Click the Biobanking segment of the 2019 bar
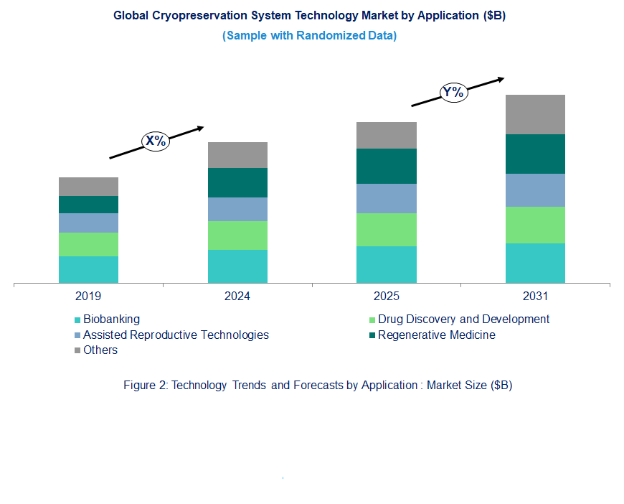tap(88, 269)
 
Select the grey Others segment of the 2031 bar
tap(535, 114)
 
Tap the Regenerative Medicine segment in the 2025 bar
tap(387, 166)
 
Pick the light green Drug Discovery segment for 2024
tap(237, 235)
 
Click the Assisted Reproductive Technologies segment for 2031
tap(535, 190)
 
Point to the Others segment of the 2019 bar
tap(88, 187)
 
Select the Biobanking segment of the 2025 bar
tap(387, 264)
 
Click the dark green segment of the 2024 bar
tap(237, 182)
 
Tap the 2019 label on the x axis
tap(88, 296)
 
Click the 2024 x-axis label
tap(237, 296)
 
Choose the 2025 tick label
tap(387, 296)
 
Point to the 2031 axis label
tap(535, 296)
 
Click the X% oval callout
tap(156, 141)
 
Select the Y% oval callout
tap(453, 92)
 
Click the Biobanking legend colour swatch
tap(77, 319)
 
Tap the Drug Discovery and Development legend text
tap(463, 319)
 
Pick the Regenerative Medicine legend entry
tap(436, 335)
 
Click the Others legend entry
tap(100, 350)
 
